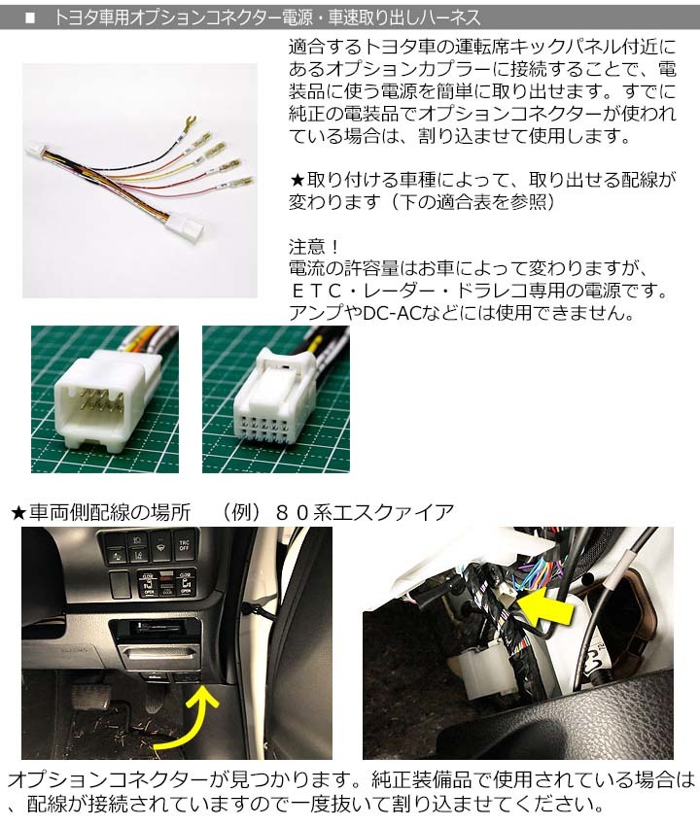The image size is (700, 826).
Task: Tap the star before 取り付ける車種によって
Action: pyautogui.click(x=297, y=181)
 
